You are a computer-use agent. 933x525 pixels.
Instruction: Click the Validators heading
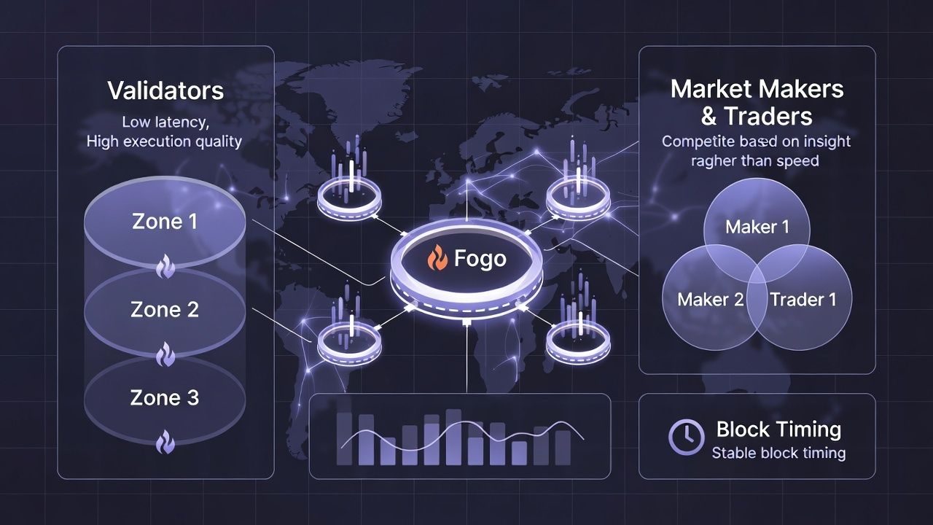point(165,91)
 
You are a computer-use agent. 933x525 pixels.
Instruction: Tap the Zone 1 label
point(165,222)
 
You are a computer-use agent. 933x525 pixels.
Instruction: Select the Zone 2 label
point(165,309)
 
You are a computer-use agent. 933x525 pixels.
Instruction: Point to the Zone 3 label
point(165,397)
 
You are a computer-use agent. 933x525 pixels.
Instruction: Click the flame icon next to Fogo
point(437,258)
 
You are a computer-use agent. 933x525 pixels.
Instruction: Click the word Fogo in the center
point(480,259)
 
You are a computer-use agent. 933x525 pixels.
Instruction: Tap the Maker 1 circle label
point(757,227)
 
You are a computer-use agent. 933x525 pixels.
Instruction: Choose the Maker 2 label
point(711,299)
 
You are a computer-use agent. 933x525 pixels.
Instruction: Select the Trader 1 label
point(803,299)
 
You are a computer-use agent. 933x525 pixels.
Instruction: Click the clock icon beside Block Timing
point(686,436)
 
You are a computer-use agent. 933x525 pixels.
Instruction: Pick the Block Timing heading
point(778,429)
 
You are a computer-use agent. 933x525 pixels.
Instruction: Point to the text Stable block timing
point(778,453)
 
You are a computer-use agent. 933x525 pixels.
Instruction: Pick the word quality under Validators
point(218,141)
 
